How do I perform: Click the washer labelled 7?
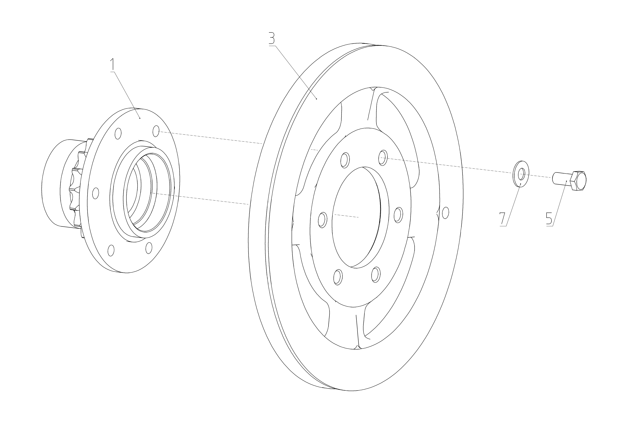[x=521, y=174]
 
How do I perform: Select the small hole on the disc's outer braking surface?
[x=445, y=213]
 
